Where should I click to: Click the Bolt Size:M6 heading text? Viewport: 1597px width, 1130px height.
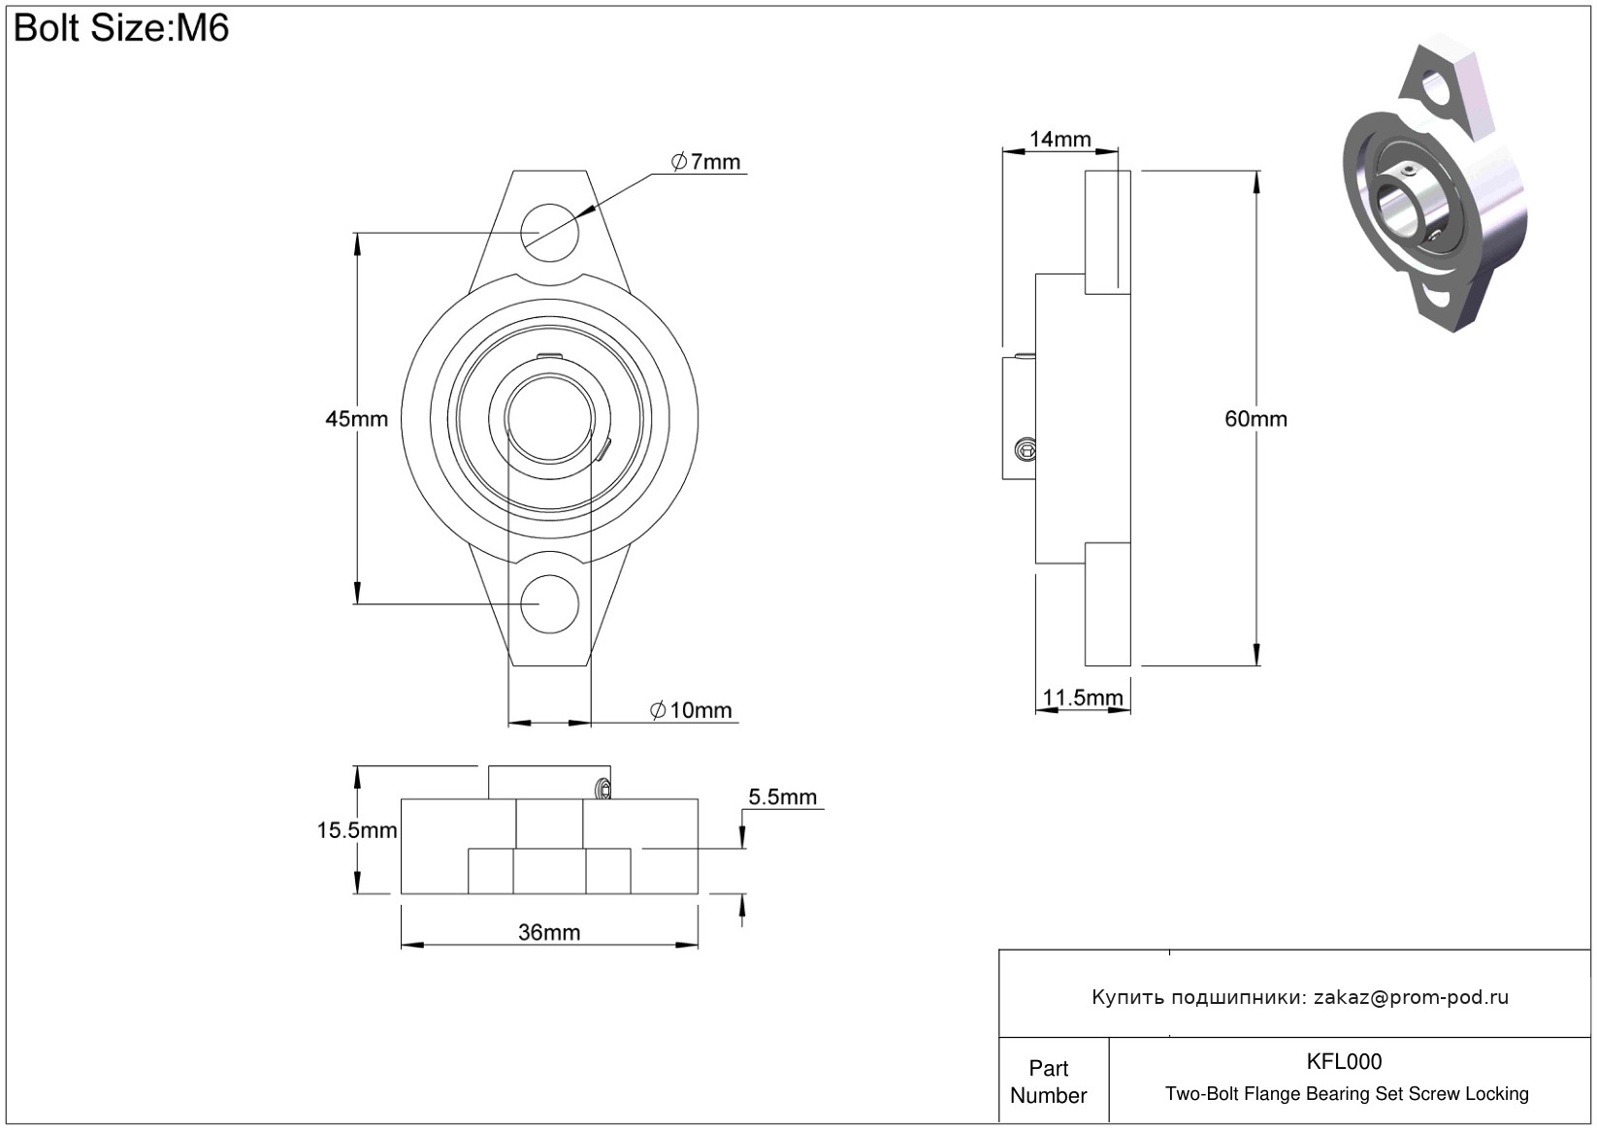tap(121, 28)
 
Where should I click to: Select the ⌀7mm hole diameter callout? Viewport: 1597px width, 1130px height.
tap(705, 162)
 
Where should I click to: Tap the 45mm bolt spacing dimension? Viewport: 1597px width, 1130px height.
tap(356, 418)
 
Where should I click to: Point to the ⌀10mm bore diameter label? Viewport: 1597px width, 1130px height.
tap(691, 710)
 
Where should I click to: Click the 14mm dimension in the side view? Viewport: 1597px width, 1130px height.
tap(1060, 139)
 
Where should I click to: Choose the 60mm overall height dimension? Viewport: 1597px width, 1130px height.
tap(1255, 418)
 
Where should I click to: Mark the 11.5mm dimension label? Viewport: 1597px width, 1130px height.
tap(1082, 697)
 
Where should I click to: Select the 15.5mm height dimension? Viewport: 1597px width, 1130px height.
tap(356, 830)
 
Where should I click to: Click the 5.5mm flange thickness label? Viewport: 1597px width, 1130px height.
tap(782, 796)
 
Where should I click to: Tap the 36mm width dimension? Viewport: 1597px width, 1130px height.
tap(549, 932)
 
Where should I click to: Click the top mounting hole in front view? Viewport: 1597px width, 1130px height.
tap(549, 233)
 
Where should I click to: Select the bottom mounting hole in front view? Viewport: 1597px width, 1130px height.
tap(549, 604)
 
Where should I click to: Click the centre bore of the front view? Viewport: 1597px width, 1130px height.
tap(549, 418)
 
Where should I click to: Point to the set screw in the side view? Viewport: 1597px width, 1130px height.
tap(1026, 449)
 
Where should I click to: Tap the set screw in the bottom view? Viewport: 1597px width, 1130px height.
tap(603, 789)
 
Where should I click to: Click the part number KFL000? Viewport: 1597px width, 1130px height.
tap(1344, 1061)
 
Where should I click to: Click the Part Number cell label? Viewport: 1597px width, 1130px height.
tap(1048, 1082)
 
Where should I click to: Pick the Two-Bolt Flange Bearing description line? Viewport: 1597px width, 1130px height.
tap(1347, 1094)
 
